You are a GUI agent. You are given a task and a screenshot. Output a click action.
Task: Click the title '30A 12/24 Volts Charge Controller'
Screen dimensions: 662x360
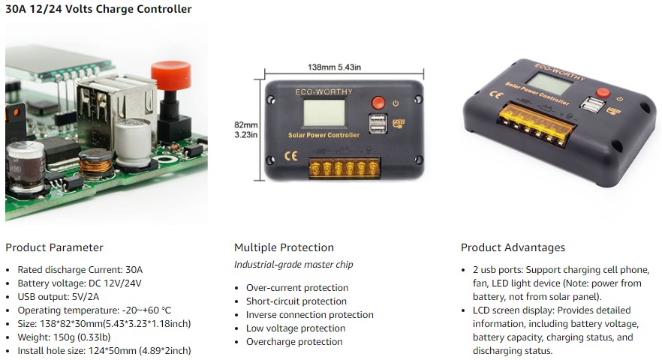pos(98,9)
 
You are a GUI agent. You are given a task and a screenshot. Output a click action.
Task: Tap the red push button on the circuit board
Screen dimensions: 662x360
pos(171,76)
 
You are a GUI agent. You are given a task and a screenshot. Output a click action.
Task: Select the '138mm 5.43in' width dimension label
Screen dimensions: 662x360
pos(335,67)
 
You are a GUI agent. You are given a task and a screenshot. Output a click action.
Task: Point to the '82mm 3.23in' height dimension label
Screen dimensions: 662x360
pos(245,130)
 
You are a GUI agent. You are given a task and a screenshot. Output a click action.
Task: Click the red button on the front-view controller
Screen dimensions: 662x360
pos(378,103)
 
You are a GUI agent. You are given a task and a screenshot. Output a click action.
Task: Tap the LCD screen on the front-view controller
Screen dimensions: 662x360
pos(324,113)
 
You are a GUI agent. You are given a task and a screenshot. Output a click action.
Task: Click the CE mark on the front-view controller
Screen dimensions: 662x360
pos(291,156)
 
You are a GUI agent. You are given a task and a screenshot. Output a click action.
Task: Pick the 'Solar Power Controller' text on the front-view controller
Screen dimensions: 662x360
pos(323,135)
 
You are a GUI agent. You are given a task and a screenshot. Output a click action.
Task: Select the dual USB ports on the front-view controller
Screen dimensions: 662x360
pos(378,124)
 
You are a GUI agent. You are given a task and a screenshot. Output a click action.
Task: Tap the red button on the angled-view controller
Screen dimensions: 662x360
pos(603,92)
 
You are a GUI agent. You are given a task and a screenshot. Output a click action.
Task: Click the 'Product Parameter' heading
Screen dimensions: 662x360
pos(55,247)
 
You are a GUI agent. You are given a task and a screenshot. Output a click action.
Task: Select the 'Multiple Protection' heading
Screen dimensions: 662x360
pos(284,247)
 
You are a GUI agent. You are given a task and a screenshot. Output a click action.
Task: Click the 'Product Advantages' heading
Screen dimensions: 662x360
pos(513,247)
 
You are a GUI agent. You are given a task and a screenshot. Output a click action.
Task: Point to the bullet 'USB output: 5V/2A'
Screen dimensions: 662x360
pos(59,297)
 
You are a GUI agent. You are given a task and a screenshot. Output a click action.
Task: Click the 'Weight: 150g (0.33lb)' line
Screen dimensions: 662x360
pos(65,337)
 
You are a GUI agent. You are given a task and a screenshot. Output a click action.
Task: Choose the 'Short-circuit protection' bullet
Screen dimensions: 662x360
pos(296,301)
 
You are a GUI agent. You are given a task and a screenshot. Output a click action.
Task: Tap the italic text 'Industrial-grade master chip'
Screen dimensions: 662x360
pos(294,265)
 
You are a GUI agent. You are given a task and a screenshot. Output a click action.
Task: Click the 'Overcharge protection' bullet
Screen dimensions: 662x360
pos(294,341)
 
